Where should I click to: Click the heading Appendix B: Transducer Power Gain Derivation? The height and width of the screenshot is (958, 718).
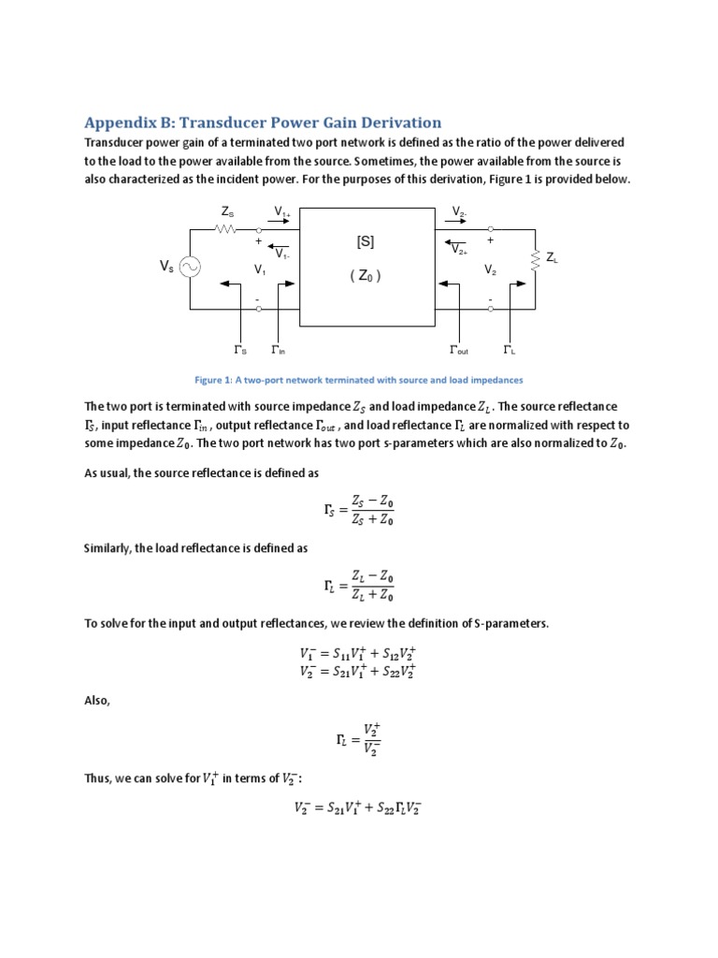[x=262, y=123]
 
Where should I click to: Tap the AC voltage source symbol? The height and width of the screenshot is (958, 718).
[x=190, y=268]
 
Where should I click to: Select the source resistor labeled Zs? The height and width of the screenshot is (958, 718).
[x=224, y=227]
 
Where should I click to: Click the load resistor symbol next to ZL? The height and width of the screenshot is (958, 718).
[x=536, y=258]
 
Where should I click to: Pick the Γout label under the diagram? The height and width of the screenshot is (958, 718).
[x=459, y=351]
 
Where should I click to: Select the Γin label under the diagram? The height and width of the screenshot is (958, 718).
[x=278, y=351]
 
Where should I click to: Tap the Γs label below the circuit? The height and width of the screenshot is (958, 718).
[x=240, y=351]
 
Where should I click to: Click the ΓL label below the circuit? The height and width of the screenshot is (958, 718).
[x=510, y=351]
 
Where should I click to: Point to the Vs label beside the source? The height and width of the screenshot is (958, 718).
[x=165, y=268]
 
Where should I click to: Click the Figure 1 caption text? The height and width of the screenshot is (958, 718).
[x=358, y=380]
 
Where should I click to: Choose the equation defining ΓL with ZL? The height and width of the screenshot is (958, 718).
[x=358, y=586]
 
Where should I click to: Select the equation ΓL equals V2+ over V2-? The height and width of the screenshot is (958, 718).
[x=358, y=738]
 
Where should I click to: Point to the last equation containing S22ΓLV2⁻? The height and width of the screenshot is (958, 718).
[x=358, y=810]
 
